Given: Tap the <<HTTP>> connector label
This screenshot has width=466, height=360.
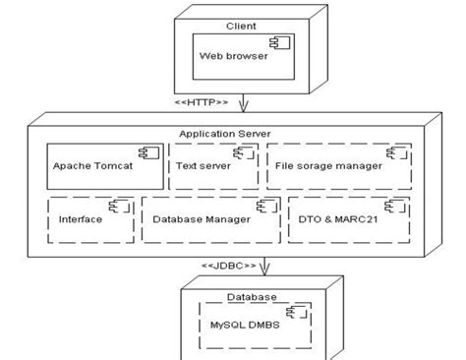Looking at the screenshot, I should coord(201,102).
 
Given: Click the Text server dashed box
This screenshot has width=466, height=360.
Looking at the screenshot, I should coord(211,165).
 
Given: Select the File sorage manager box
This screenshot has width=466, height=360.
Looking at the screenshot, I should coord(338,165).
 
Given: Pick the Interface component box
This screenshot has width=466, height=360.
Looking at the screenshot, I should coord(89,218).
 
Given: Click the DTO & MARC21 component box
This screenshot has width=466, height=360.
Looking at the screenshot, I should coord(346,218).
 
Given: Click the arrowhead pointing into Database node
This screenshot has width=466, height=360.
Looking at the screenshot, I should coord(263,274).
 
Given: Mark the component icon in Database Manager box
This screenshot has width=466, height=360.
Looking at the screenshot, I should coord(263,206).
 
